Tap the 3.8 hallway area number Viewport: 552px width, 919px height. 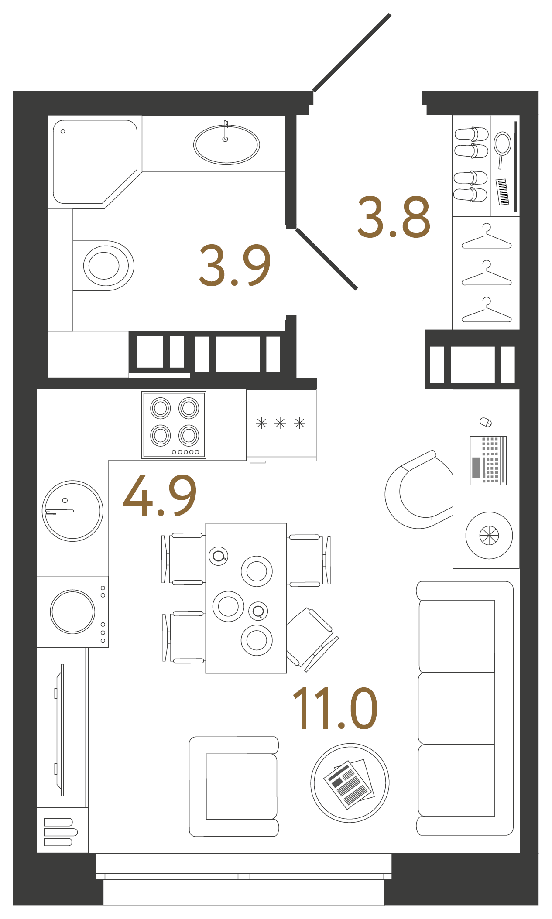[x=394, y=217]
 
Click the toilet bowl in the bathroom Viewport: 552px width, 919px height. [x=104, y=266]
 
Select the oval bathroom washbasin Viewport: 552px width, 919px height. [x=226, y=145]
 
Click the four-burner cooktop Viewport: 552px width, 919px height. [x=174, y=424]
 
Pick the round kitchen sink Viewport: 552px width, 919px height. [x=72, y=511]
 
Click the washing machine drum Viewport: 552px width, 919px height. [x=72, y=612]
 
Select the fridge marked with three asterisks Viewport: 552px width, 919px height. [x=281, y=424]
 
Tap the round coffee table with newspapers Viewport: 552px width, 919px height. [x=350, y=783]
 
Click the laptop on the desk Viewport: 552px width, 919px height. [x=488, y=460]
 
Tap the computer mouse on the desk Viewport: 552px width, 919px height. [x=486, y=422]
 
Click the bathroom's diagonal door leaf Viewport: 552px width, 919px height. [x=326, y=259]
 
